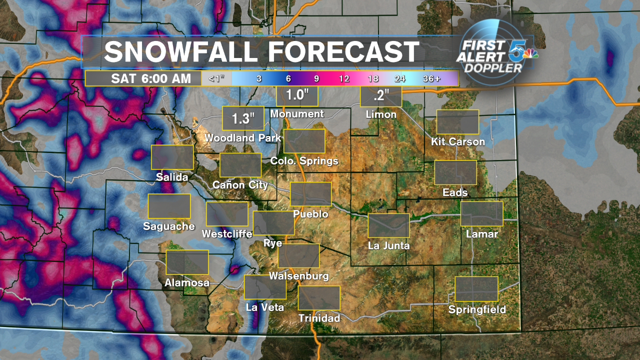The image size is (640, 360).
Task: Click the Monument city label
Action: coord(297,114)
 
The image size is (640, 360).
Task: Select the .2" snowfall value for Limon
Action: coord(380,95)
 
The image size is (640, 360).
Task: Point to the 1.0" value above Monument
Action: coord(297,94)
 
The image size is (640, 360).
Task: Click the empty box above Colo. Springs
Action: coord(304,140)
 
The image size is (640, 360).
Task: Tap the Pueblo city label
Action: coord(310,214)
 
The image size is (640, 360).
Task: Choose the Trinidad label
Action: coord(319,318)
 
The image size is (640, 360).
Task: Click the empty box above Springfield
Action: coord(476,289)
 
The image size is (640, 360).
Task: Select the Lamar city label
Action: coord(482,233)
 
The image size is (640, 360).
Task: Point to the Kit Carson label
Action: coord(458,141)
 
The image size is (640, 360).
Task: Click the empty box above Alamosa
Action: coord(187,262)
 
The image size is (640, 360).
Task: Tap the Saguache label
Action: coord(169,226)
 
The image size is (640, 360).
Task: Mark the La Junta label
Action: coord(388,245)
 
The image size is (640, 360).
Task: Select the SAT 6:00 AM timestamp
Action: coord(144,78)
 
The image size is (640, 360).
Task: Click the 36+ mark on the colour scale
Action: coord(431,79)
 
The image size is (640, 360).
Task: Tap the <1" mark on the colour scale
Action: coord(216,78)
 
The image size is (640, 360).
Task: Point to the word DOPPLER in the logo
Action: coord(492,67)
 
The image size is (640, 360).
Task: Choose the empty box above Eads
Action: coord(455,172)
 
